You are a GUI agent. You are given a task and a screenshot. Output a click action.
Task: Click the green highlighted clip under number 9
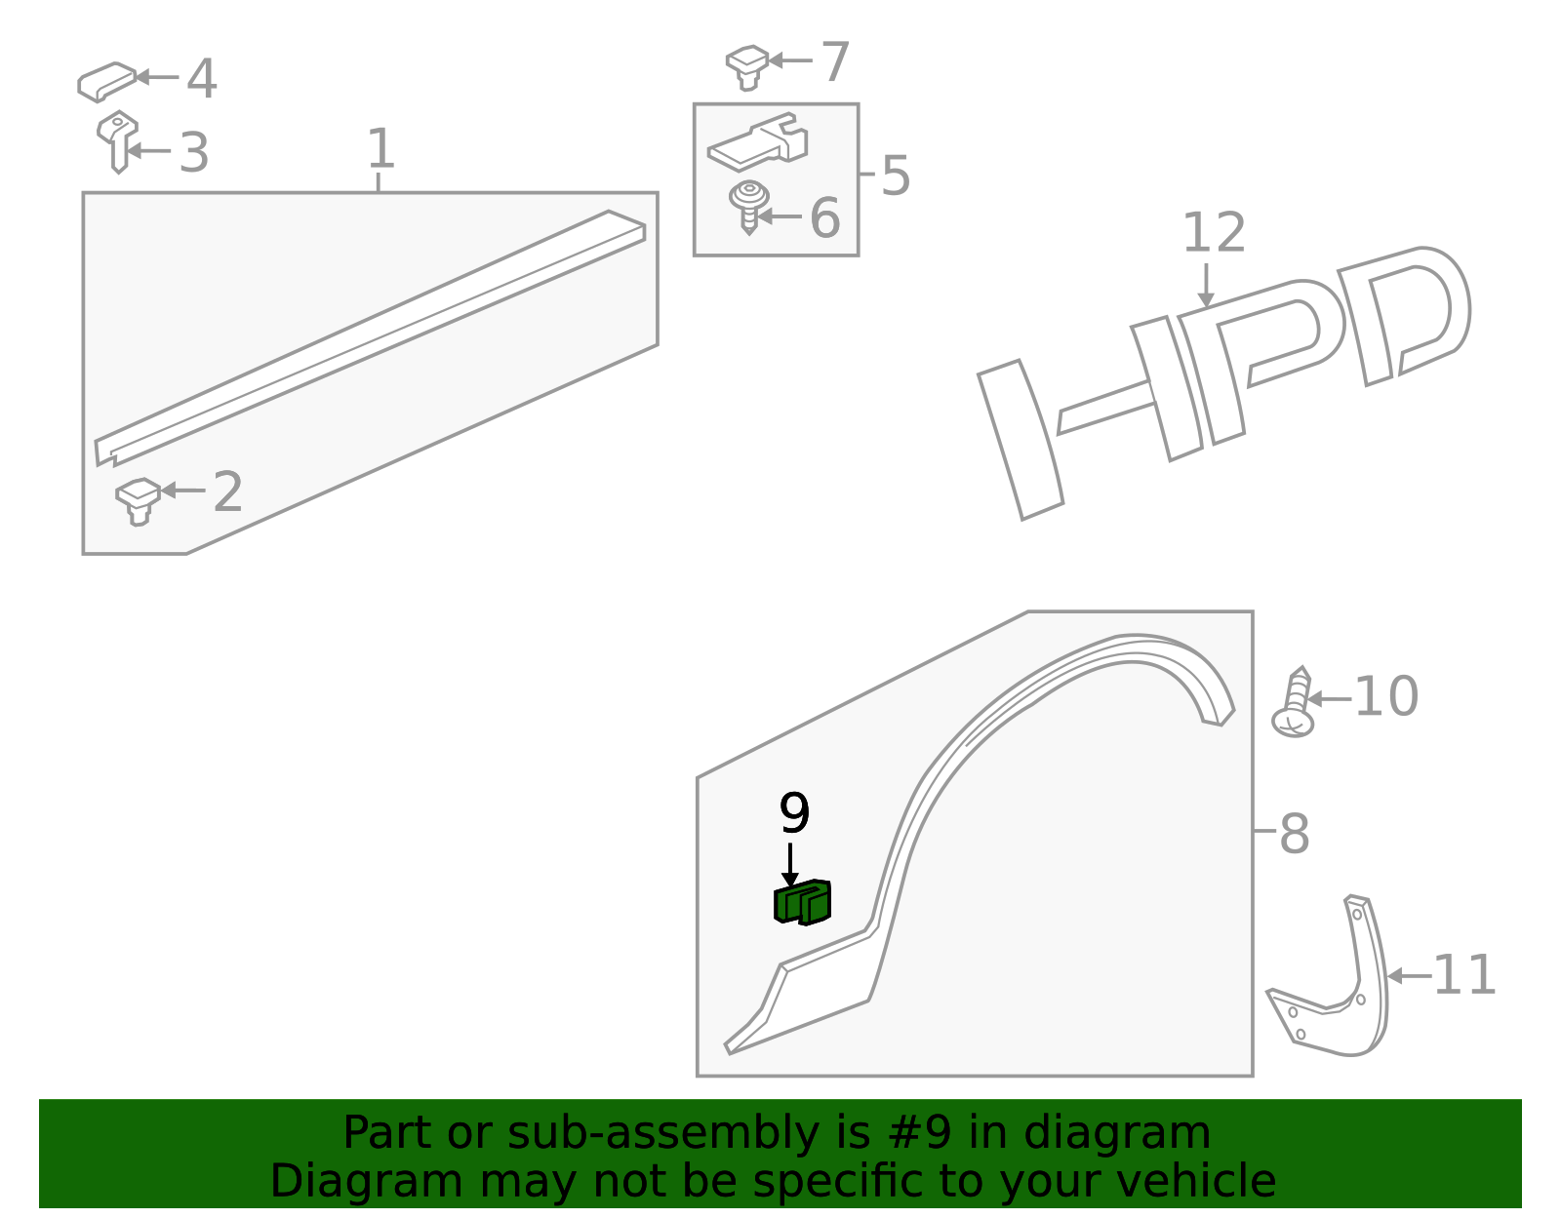click(803, 902)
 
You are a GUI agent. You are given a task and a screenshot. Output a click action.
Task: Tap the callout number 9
click(794, 813)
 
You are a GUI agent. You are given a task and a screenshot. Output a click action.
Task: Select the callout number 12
click(1214, 234)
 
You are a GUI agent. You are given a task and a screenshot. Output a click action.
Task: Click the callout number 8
click(1294, 834)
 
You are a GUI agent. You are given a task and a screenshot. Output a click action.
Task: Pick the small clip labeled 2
click(138, 499)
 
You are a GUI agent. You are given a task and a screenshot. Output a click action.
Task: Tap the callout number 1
click(380, 149)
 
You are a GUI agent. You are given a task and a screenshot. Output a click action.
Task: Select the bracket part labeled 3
click(117, 139)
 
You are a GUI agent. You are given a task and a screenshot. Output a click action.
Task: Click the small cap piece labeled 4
click(105, 82)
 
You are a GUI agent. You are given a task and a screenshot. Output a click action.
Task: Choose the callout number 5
click(895, 177)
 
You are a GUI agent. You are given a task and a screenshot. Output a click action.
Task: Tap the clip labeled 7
click(747, 65)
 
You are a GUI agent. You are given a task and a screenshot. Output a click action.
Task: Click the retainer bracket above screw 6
click(759, 144)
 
